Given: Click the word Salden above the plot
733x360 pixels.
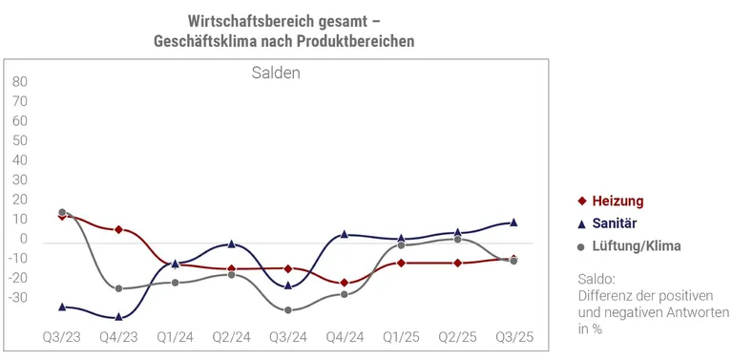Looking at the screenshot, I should point(276,73).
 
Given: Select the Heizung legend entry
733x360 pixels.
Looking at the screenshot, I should point(618,201).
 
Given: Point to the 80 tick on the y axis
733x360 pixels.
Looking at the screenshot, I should point(20,82).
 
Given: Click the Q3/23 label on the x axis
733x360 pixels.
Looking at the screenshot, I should point(62,337).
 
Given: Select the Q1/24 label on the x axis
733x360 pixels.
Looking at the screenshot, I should point(175,337).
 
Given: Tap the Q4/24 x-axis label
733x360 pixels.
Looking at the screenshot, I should point(344,337).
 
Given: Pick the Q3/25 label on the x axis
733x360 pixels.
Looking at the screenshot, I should point(513,337).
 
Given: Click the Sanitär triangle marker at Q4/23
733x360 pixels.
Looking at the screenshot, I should point(118,316).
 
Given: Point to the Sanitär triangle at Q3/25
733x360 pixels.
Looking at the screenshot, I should point(513,222).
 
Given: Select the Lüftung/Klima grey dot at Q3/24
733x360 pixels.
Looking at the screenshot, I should point(287,309).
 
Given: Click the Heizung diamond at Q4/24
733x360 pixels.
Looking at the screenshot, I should point(345,283).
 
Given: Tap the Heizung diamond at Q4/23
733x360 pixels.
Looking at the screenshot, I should point(118,229).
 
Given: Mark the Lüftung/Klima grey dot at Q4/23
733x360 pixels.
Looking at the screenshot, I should point(118,288).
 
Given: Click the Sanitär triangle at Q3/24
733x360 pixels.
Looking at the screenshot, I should point(287,285).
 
